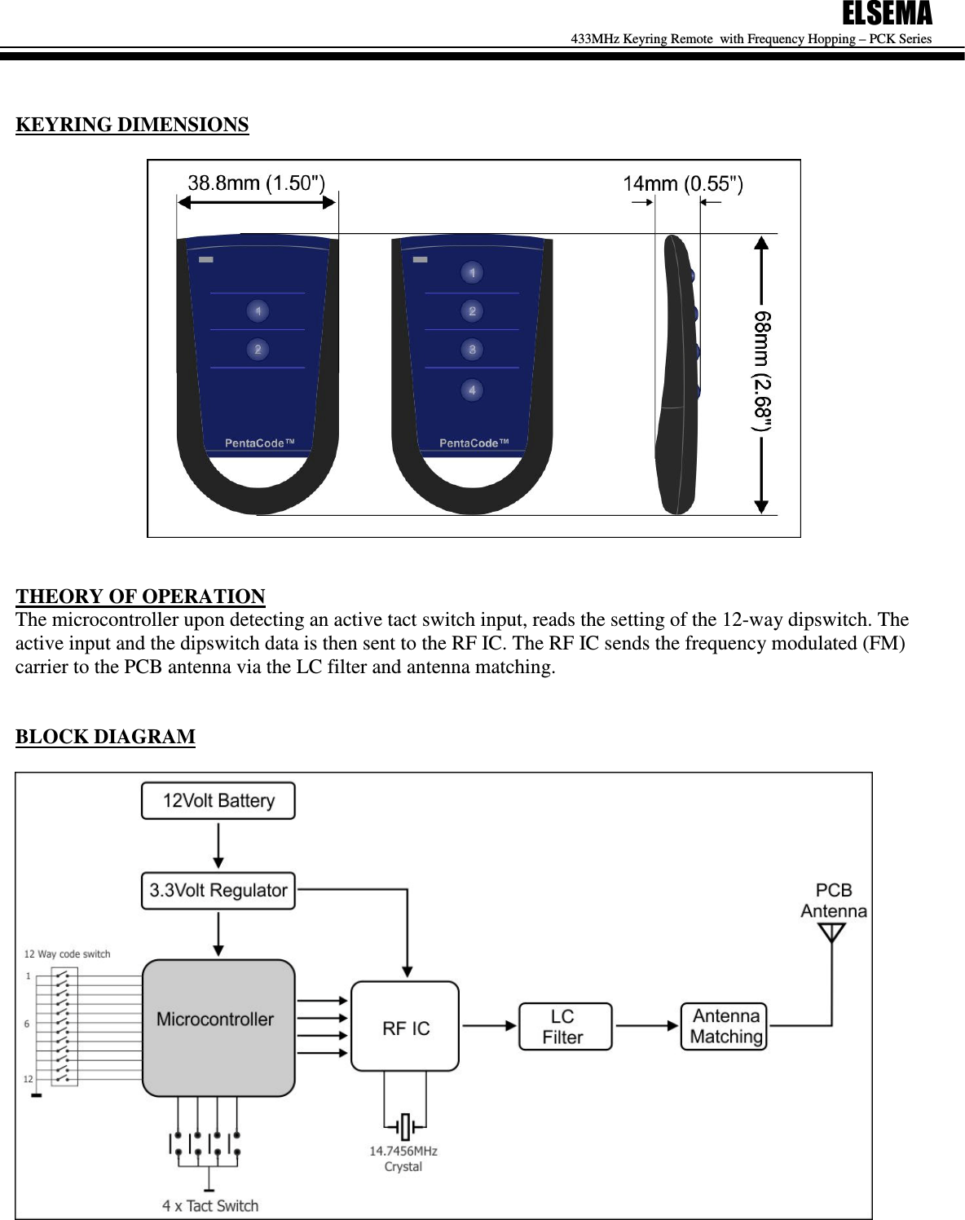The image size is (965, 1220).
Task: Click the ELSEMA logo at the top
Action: (x=886, y=14)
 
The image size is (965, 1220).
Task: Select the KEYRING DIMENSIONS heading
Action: (x=132, y=125)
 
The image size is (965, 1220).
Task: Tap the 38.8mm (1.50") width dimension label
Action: (x=256, y=183)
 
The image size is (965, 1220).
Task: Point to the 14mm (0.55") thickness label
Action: (x=683, y=184)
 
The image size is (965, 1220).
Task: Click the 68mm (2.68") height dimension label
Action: (x=762, y=371)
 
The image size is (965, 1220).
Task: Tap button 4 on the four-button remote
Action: (x=472, y=390)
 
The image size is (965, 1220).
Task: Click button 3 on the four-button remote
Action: (x=472, y=350)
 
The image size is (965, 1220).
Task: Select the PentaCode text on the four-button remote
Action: (x=474, y=443)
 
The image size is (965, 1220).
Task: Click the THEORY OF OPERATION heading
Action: (x=140, y=596)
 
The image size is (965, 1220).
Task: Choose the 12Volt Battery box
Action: (x=218, y=801)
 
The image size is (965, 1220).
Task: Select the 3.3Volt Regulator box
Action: (x=218, y=891)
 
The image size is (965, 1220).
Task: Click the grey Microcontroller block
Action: (x=218, y=1027)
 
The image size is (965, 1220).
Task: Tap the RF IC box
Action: (x=405, y=1027)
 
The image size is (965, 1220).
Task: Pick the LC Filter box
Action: (x=565, y=1027)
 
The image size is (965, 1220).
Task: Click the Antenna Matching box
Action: (x=724, y=1027)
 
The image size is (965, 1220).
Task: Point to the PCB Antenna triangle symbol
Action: (x=831, y=932)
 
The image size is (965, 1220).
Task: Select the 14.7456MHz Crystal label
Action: (x=403, y=1158)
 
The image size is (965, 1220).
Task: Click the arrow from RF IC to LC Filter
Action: (x=489, y=1026)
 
